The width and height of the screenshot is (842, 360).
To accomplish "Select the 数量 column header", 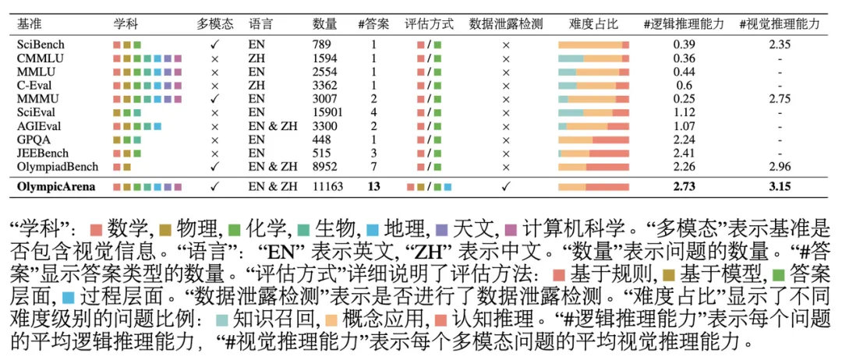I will point(324,24).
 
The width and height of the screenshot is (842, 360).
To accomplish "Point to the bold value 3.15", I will point(779,187).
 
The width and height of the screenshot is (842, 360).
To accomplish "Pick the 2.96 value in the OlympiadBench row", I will point(779,166).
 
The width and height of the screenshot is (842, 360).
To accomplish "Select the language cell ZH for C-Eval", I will point(256,85).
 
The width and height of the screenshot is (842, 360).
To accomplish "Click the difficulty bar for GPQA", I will point(593,139).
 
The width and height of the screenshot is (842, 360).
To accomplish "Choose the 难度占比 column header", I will point(593,24).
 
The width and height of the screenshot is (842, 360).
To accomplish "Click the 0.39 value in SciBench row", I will point(684,45).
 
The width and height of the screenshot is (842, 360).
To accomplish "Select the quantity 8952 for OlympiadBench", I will point(327,166).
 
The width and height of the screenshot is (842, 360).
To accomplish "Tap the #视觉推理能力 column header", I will point(779,24).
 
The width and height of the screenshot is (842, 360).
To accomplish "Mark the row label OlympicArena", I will point(53,187).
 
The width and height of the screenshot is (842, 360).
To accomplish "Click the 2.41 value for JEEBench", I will point(684,153).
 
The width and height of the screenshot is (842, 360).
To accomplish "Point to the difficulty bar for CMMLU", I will point(593,58).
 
